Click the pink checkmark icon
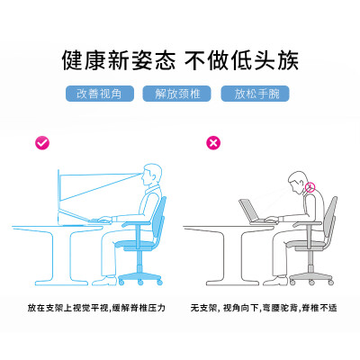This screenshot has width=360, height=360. coord(42,143)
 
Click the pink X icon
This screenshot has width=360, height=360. coord(213,142)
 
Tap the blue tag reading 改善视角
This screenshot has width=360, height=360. coord(100,94)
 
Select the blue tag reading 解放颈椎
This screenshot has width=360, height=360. coord(176,94)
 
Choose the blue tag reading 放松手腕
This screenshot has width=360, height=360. coord(255,94)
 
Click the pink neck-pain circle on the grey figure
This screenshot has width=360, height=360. coord(310,187)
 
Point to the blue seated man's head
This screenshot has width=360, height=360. coord(151,175)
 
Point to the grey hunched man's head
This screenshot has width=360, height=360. coord(298,183)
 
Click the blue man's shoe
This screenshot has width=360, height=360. coord(104,281)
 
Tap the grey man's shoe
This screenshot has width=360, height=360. coord(275,281)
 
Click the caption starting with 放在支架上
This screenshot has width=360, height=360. coord(96,308)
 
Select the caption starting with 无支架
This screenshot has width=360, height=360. coord(264,308)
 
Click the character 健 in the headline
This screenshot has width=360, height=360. coord(73,61)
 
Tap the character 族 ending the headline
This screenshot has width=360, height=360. coord(287,61)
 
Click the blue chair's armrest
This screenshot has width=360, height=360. coord(137,224)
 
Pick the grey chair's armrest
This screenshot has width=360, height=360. coord(308,224)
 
